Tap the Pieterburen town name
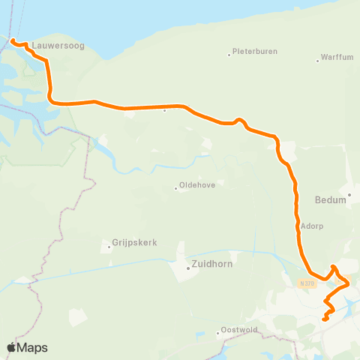[255, 52]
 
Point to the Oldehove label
[197, 187]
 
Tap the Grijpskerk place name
[132, 243]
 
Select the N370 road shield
[305, 283]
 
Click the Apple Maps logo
[27, 347]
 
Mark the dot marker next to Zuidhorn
[188, 267]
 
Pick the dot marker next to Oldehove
[176, 188]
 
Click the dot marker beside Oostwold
[217, 331]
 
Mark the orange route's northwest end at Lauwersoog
[12, 39]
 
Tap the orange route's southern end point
[325, 319]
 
